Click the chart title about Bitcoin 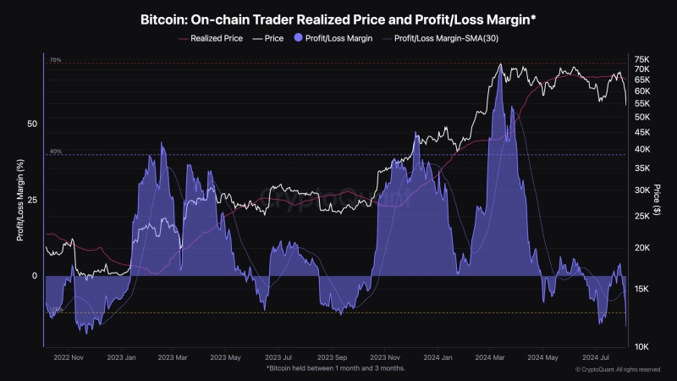[x=338, y=17]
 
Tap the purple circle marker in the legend [x=297, y=38]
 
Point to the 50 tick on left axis [x=33, y=124]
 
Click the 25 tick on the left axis [x=33, y=200]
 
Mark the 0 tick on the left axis [x=36, y=276]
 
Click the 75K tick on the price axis [x=641, y=58]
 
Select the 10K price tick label [x=641, y=346]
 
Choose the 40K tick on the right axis [x=641, y=149]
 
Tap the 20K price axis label [x=641, y=247]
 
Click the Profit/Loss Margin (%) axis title [x=19, y=200]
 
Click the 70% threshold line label [x=55, y=60]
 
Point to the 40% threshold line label [x=55, y=152]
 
